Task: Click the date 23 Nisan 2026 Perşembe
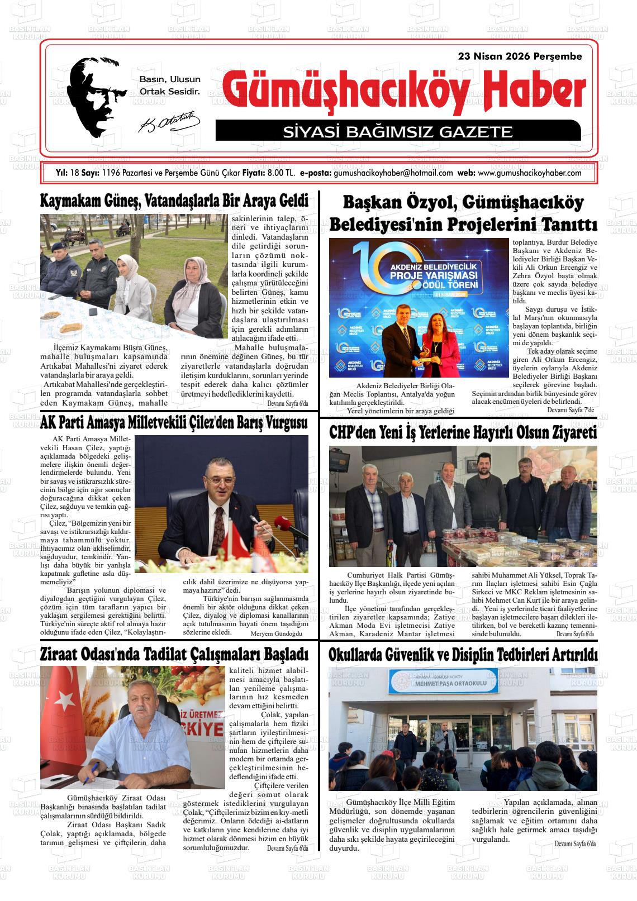[520, 56]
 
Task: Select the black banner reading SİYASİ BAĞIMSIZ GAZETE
[397, 132]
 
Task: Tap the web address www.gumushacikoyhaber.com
[530, 173]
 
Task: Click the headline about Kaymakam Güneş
[174, 201]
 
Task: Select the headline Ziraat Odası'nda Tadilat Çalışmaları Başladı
[174, 654]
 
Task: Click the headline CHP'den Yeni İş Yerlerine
[463, 432]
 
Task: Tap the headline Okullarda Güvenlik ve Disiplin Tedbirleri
[463, 654]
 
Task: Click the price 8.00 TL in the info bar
[281, 173]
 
